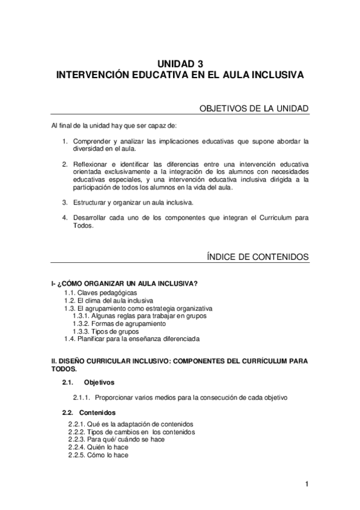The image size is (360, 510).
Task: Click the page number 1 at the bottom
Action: [x=307, y=484]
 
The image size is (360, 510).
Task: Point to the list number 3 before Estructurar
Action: [x=65, y=202]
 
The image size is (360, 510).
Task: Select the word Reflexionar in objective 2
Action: [x=91, y=164]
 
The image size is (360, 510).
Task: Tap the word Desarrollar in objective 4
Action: [x=91, y=218]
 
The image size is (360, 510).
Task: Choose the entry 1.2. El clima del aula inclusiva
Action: [x=109, y=300]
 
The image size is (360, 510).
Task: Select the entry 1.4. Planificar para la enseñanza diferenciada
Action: [x=132, y=339]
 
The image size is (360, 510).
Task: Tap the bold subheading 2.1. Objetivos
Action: [x=88, y=382]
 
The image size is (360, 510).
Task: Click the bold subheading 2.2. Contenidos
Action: [x=90, y=413]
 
